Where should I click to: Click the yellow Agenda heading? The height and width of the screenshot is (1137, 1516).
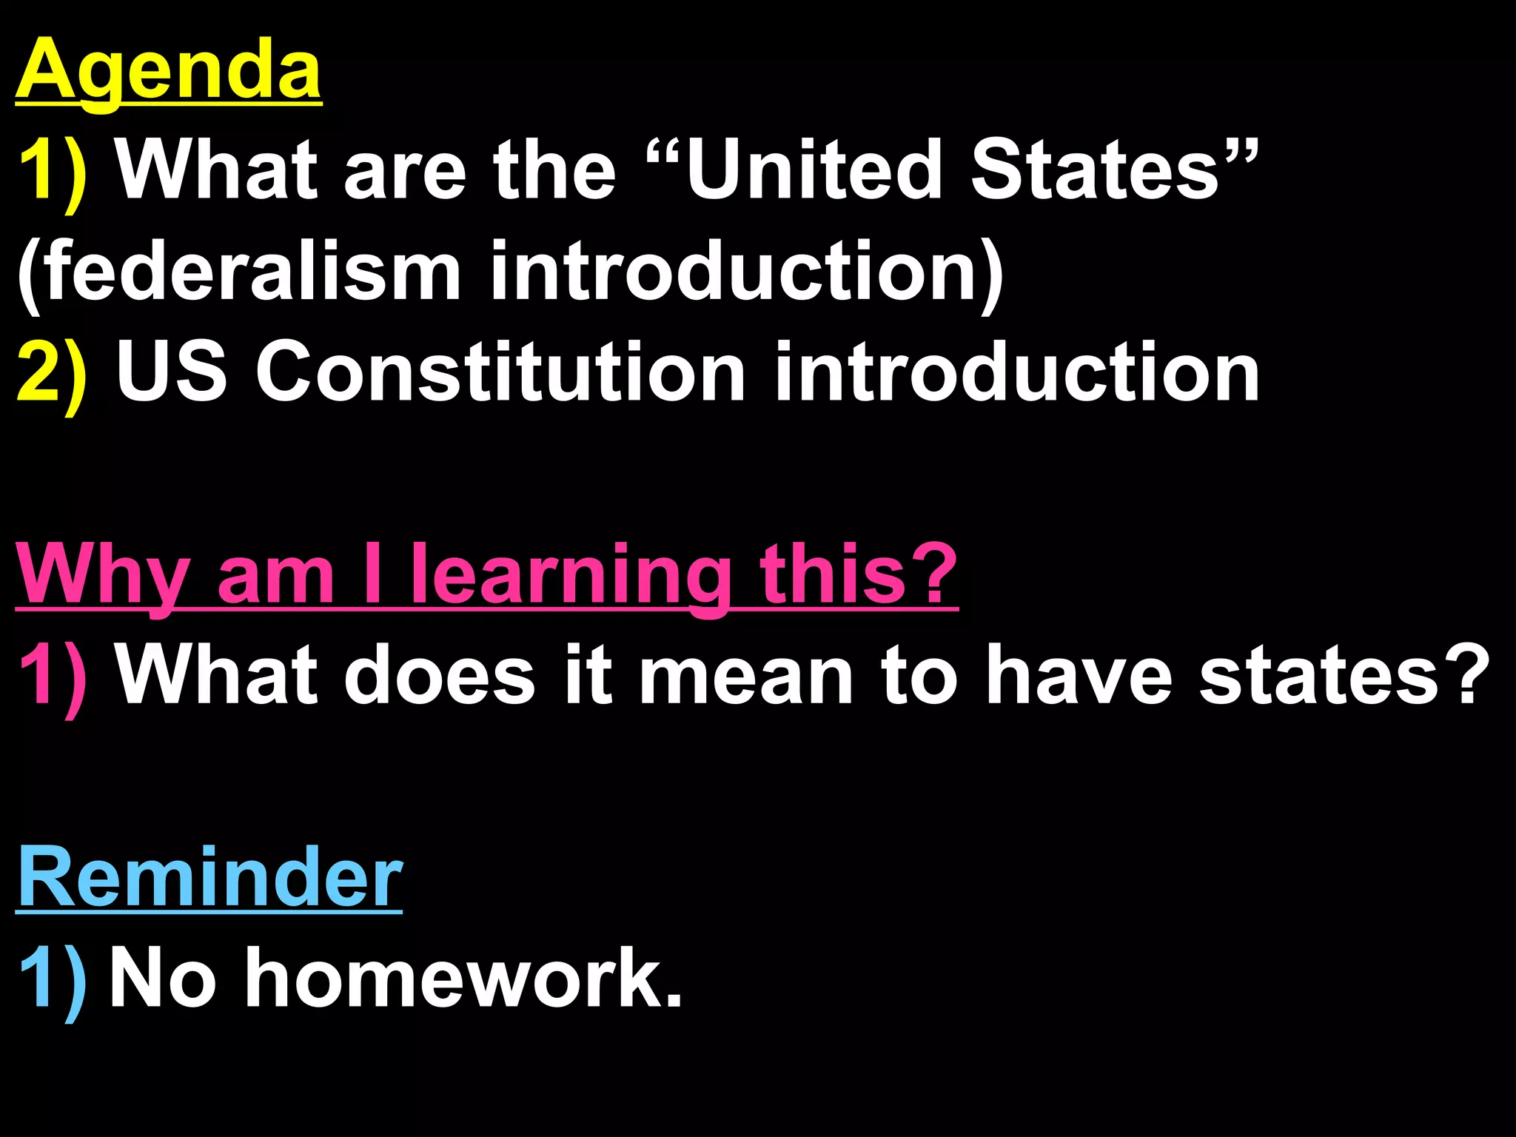click(169, 70)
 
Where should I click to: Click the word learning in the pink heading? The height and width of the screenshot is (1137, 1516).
click(570, 574)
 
